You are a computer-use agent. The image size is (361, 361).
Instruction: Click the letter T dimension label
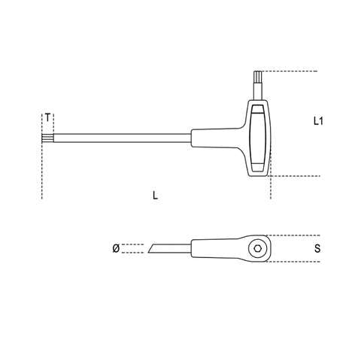pos(48,118)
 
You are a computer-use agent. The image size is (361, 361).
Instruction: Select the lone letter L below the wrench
pos(155,196)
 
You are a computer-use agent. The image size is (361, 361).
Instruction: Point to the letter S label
pos(319,247)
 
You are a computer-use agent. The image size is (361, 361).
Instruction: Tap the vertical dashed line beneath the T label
pos(42,173)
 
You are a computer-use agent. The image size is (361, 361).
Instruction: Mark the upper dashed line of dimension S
pos(290,234)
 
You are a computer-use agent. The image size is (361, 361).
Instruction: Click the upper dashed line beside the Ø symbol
pos(132,244)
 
